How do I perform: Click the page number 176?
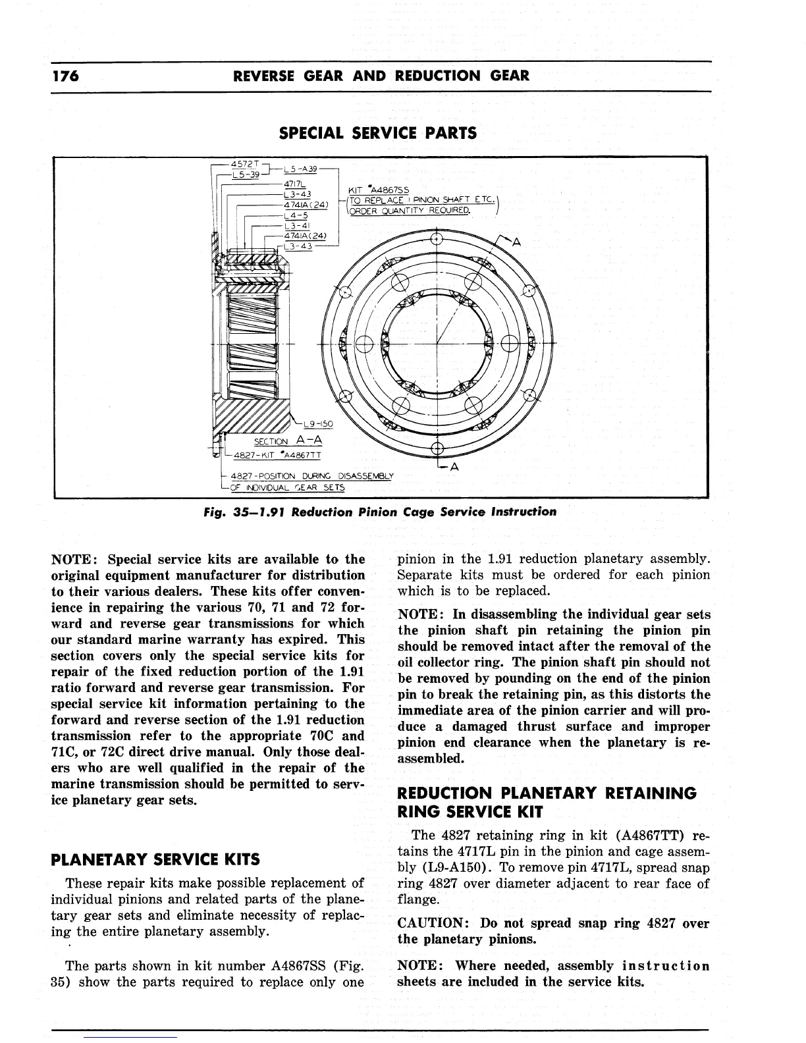point(65,75)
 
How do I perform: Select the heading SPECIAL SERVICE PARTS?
point(377,133)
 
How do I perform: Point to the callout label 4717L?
point(292,184)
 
